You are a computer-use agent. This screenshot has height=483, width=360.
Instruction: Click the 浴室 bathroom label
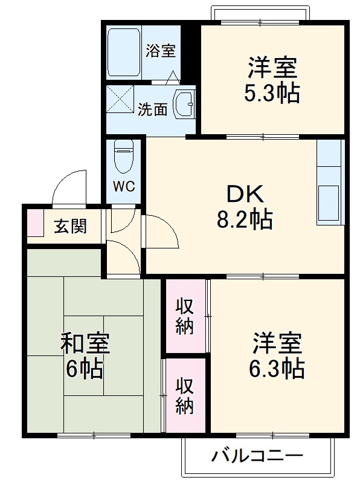(x=161, y=51)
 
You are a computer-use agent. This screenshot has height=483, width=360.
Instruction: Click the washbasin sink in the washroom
(x=184, y=104)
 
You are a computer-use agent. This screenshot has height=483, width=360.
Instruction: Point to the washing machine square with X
(x=120, y=99)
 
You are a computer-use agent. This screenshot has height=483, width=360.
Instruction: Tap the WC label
(x=124, y=186)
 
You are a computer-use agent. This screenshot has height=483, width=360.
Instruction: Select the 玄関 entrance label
(x=71, y=226)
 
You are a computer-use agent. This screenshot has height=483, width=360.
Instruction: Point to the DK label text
(x=245, y=194)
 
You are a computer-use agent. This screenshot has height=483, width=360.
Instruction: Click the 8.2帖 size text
(x=245, y=219)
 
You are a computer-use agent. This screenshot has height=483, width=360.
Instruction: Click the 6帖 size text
(x=85, y=368)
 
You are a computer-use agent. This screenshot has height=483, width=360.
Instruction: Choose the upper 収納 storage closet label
(x=185, y=316)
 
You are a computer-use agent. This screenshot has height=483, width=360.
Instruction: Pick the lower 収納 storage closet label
(x=185, y=396)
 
